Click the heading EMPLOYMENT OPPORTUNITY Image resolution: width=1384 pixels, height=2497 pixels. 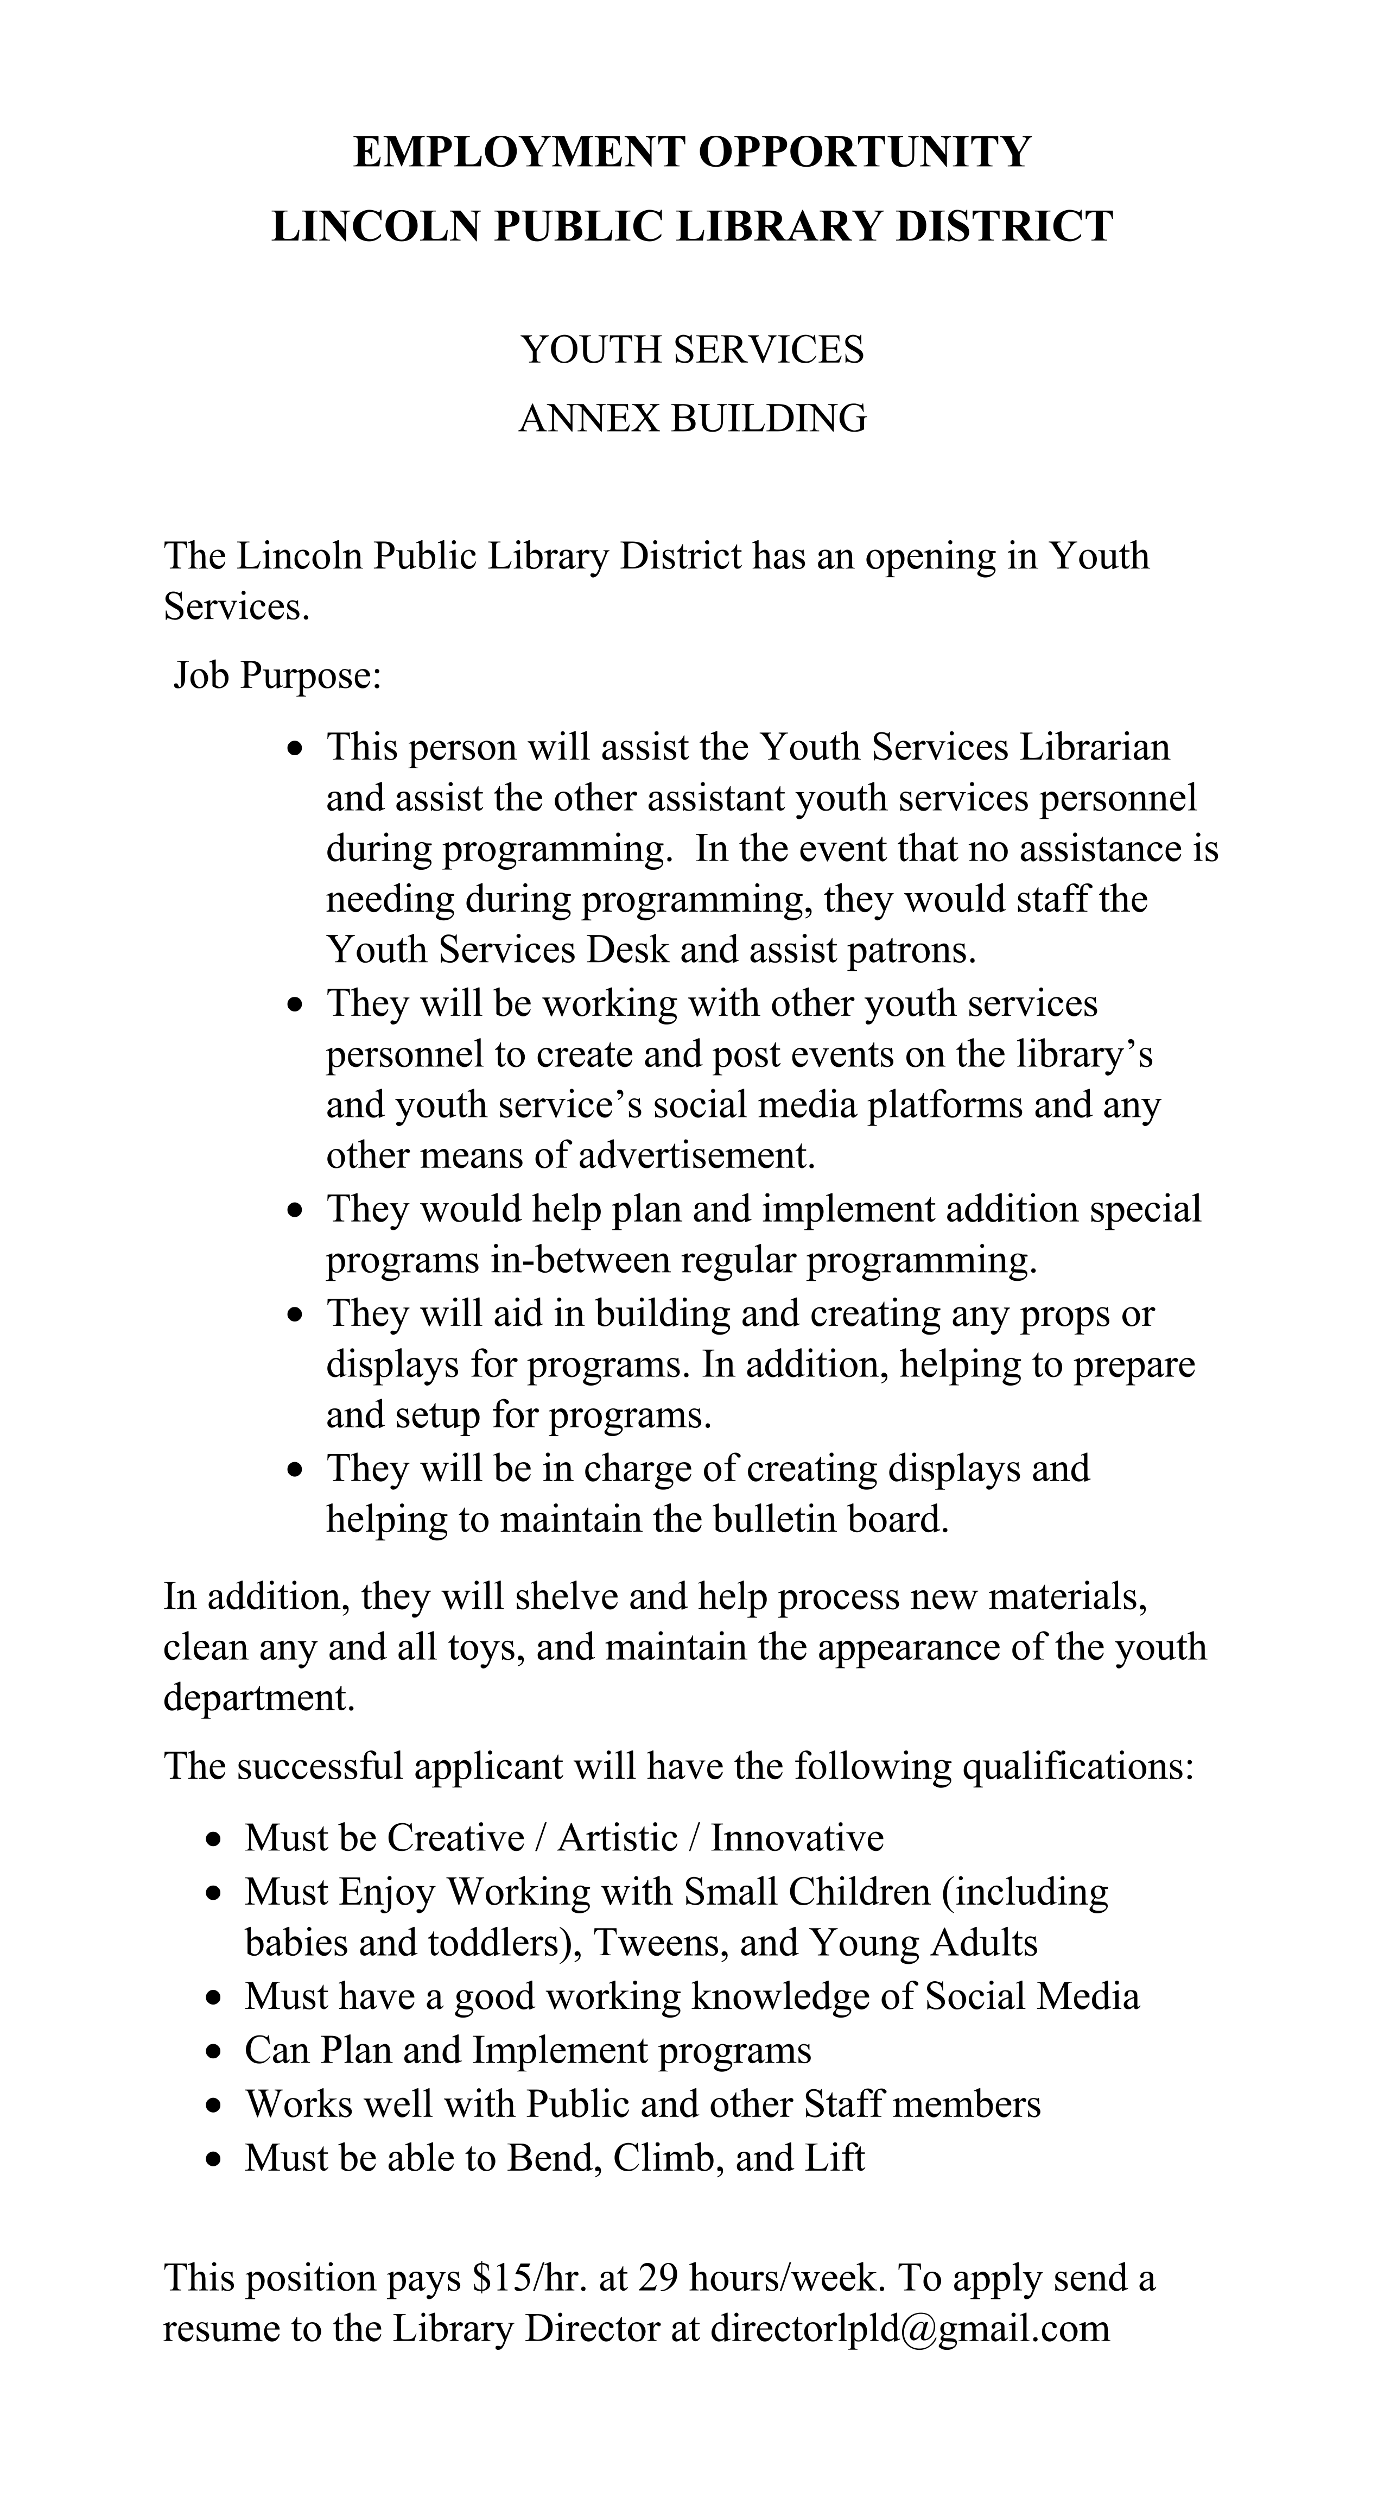click(692, 152)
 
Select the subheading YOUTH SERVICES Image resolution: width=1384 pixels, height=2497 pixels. click(692, 350)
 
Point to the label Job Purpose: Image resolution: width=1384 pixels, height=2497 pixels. click(278, 675)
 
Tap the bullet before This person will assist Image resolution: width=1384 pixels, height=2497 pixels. click(296, 749)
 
